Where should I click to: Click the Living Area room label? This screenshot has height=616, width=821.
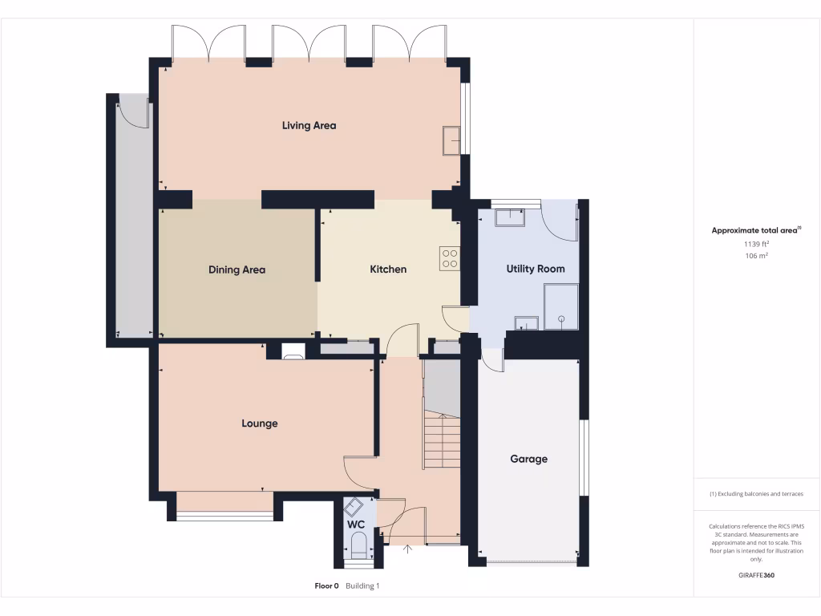tap(309, 125)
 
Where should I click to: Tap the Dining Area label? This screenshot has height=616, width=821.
tap(237, 269)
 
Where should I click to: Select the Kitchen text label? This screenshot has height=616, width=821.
tap(388, 269)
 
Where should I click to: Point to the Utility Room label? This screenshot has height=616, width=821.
tap(536, 269)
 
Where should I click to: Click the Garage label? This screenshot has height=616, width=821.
tap(529, 459)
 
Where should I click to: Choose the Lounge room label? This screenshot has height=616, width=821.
tap(260, 423)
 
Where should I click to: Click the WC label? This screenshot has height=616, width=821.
tap(356, 525)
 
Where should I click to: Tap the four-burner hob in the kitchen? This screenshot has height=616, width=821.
tap(450, 258)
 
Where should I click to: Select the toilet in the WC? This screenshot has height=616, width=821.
tap(358, 545)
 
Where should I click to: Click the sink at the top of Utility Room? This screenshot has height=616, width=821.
tap(508, 217)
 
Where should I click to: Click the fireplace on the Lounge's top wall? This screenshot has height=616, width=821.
tap(293, 351)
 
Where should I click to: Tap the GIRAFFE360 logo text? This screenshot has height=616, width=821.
tap(756, 575)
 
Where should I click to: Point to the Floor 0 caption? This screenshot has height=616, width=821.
tap(327, 586)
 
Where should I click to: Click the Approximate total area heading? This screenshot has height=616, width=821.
tap(755, 230)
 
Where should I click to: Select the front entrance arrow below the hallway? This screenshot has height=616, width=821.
tap(409, 549)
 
